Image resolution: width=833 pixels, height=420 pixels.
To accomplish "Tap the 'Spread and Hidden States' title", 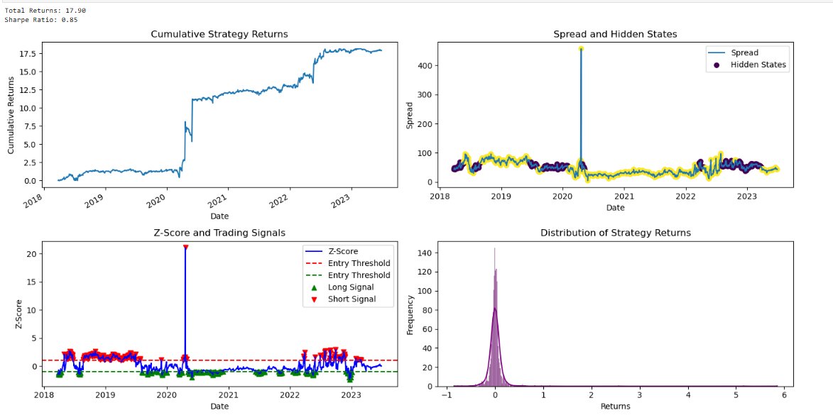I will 615,34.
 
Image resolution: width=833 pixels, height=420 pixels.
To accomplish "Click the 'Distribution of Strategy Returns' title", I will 615,233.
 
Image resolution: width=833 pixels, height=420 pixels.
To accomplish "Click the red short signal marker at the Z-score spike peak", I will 185,247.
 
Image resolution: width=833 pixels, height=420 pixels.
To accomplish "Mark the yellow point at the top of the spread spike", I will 581,49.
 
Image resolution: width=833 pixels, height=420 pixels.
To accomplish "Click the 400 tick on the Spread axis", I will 428,66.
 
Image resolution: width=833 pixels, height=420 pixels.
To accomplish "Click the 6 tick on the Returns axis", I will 783,396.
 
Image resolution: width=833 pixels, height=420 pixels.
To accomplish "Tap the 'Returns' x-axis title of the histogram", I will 615,407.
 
